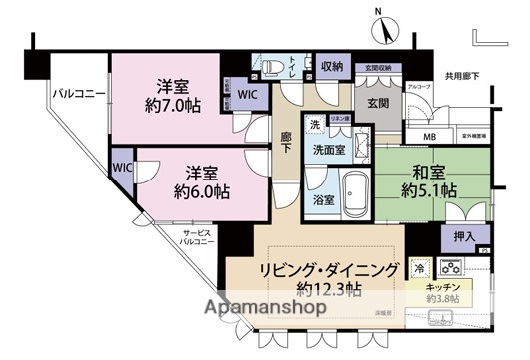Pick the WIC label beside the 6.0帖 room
point(122,167)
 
